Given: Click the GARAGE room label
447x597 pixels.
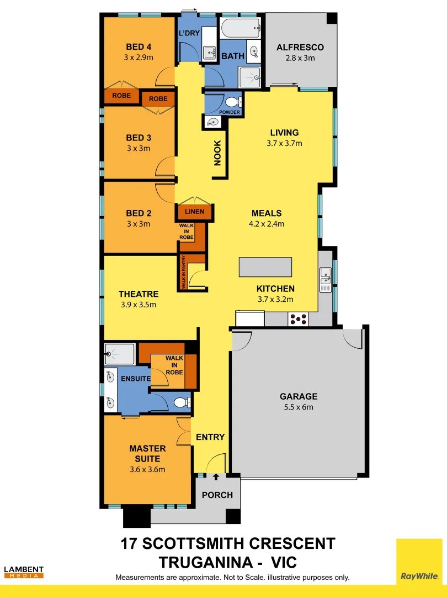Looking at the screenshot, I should pos(299,396).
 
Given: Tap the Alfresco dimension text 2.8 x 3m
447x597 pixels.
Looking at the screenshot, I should pos(300,58).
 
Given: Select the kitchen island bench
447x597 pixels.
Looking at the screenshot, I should pos(265,267).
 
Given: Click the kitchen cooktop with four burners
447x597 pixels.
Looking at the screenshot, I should pos(299,318).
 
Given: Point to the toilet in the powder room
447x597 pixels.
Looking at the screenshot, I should pos(232,102).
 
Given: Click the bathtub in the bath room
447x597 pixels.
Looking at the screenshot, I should pos(240,27).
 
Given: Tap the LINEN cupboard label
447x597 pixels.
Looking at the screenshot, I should pos(194,212).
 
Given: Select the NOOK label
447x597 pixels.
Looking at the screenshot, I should pos(217,153).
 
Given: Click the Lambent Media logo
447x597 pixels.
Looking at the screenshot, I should pos(24,572).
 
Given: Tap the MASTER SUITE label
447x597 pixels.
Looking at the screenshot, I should pos(144,453).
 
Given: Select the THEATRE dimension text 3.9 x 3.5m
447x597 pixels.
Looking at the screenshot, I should pos(138,305).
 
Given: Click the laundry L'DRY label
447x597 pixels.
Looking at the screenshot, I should pos(189,33).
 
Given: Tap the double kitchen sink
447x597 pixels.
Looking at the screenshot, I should pos(326,280).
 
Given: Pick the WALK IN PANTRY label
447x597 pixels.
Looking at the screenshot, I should pos(183,272).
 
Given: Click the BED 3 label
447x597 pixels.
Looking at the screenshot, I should pos(139,138).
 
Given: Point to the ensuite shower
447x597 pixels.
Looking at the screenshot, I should pos(120,354).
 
